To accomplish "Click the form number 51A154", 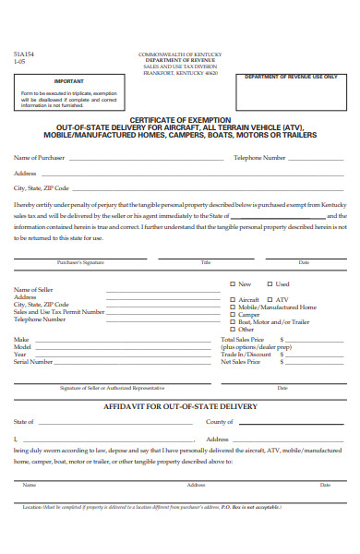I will point(24,54).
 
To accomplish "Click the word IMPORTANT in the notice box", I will point(69,80).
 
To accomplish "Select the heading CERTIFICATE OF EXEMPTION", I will point(186,119).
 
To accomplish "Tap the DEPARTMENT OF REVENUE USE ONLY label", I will point(291,77).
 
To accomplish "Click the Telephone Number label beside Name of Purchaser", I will point(258,158).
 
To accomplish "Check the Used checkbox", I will point(270,284).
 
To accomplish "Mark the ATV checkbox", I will point(270,300).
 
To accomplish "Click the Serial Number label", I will point(33,362).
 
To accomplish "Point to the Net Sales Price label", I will point(240,362).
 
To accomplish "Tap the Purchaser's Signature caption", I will point(80,263).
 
